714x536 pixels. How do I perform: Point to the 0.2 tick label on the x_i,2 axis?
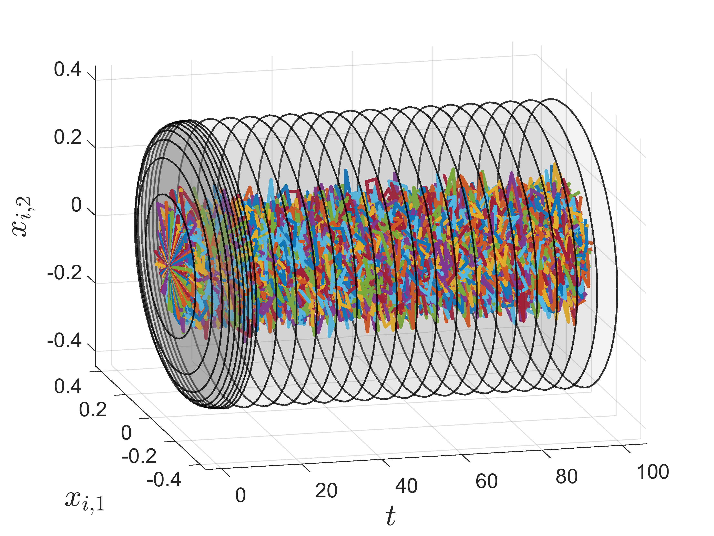(68, 137)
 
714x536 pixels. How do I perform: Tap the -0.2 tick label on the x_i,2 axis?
(64, 273)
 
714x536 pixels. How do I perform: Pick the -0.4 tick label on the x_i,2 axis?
(64, 341)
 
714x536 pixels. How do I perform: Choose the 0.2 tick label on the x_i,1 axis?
(93, 410)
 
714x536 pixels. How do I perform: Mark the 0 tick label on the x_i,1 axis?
(126, 433)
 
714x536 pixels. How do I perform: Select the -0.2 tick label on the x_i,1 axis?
(139, 456)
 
